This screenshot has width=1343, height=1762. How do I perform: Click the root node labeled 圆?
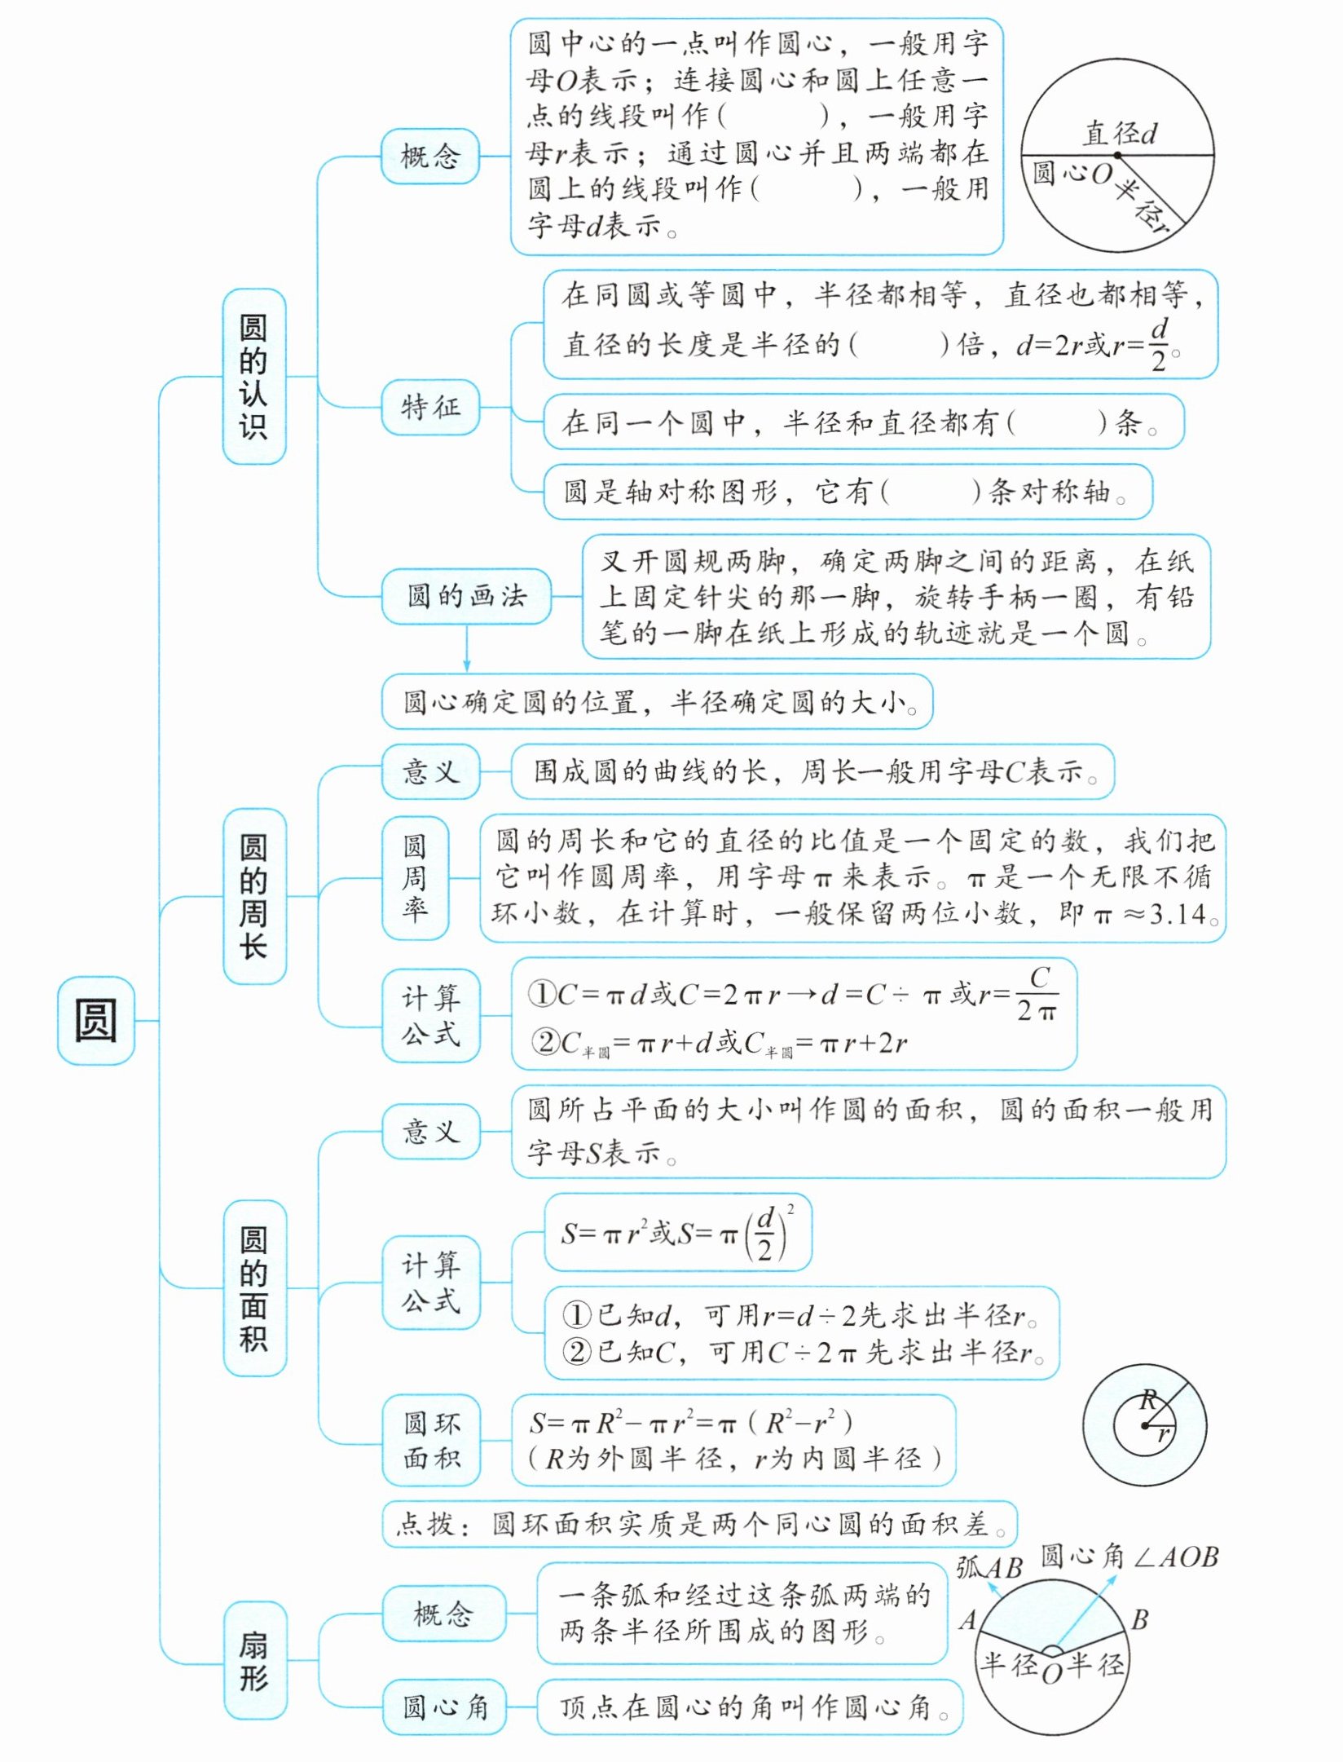95,1020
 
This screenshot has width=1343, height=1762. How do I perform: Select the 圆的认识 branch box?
253,377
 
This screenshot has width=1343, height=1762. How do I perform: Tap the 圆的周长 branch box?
253,896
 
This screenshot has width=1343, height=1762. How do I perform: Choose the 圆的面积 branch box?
253,1287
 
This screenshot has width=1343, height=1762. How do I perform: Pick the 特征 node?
429,406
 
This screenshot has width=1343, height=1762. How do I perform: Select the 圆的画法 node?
466,596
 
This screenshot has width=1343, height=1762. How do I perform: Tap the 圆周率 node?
415,877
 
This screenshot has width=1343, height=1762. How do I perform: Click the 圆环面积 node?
430,1440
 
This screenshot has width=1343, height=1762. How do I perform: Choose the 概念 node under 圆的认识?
429,156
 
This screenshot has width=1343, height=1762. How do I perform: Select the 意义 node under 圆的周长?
430,771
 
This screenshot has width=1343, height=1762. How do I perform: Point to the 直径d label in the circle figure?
1120,134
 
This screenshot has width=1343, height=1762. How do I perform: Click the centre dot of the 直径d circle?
1118,155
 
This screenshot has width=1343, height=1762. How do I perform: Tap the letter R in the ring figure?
1149,1401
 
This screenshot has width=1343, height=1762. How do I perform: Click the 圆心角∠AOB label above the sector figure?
1129,1557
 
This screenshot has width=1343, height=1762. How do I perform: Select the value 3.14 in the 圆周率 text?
1178,914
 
